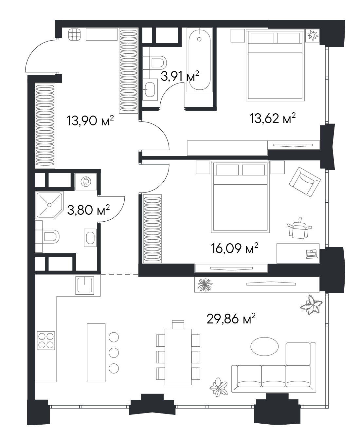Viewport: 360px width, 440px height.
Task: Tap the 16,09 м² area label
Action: coord(235,248)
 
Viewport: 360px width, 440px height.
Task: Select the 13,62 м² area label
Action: coord(273,118)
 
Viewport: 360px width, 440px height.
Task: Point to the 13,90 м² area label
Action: coord(90,120)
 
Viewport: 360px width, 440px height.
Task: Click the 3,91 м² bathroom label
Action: coord(180,76)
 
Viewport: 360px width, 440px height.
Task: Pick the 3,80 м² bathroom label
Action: coord(88,210)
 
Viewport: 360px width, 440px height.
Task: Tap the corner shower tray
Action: coord(49,205)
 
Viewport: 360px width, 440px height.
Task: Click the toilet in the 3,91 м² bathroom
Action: coord(155,63)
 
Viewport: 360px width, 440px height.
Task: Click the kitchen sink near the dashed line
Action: coord(85,285)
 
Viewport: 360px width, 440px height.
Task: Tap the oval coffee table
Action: coord(264,347)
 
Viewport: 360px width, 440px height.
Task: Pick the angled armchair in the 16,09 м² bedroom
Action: coord(305,182)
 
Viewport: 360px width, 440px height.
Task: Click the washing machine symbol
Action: coord(86,181)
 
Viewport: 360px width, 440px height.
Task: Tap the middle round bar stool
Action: coord(114,353)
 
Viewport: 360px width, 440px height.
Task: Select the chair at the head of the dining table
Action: coord(178,325)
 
